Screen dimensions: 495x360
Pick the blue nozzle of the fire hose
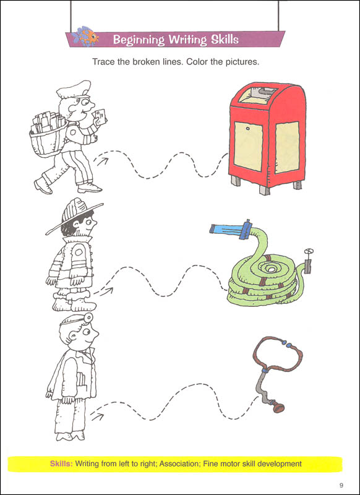coord(229,228)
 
